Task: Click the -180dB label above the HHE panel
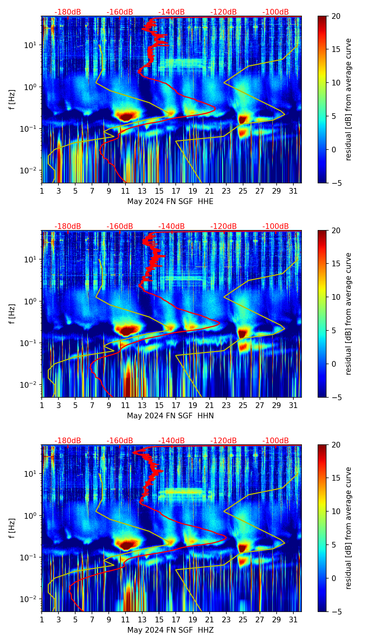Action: (68, 12)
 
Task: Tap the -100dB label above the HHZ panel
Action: (276, 441)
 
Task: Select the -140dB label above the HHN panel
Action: (171, 226)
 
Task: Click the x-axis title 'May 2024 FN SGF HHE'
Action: (170, 202)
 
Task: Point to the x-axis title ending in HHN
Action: (170, 416)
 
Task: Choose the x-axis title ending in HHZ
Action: (170, 630)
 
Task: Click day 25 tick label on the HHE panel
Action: (243, 191)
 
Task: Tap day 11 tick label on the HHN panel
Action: (125, 406)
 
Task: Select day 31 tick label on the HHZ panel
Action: (293, 620)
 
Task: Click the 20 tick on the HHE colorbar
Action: (336, 16)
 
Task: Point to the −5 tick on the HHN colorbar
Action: (336, 397)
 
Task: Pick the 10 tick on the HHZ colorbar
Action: (336, 511)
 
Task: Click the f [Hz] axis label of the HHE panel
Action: (12, 100)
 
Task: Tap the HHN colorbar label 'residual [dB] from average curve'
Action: (348, 314)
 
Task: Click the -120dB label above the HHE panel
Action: (224, 12)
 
